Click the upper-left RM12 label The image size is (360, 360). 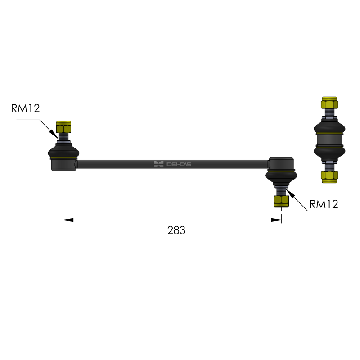pyautogui.click(x=26, y=108)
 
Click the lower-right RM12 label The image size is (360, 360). pyautogui.click(x=324, y=204)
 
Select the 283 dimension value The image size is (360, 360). pyautogui.click(x=176, y=230)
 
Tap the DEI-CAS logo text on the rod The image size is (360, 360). pyautogui.click(x=179, y=164)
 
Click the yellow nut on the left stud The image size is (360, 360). pyautogui.click(x=63, y=127)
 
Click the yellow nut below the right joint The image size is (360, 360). pyautogui.click(x=281, y=201)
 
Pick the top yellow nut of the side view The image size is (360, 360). pyautogui.click(x=329, y=103)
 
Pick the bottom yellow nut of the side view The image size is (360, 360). pyautogui.click(x=329, y=177)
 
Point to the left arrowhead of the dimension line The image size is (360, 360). pyautogui.click(x=68, y=220)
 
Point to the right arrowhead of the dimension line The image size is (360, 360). pyautogui.click(x=276, y=220)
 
